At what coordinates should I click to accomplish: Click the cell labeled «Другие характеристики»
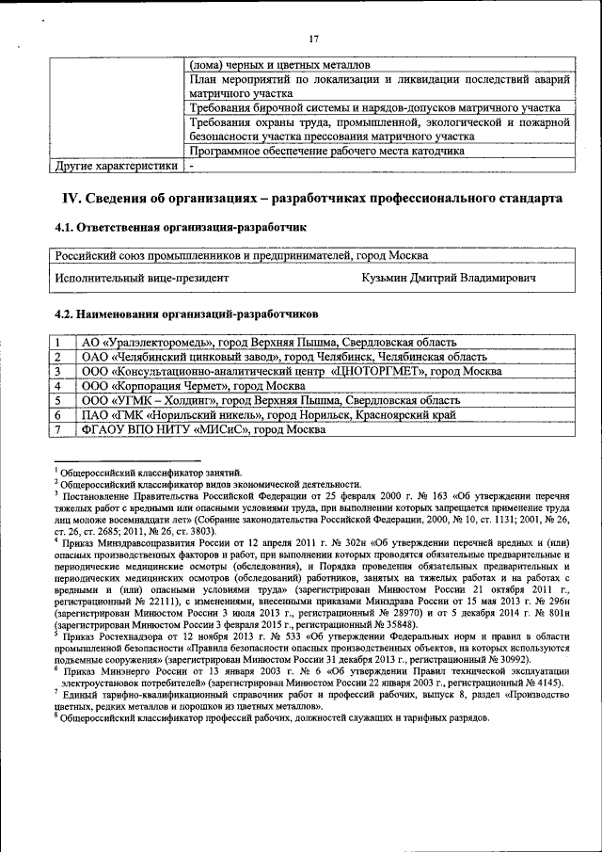click(115, 168)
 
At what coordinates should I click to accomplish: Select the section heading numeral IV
click(71, 199)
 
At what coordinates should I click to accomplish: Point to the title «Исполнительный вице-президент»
click(141, 279)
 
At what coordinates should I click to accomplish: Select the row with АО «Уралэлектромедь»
click(269, 343)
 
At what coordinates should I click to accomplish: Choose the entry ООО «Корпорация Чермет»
click(183, 386)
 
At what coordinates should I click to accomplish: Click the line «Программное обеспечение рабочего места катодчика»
click(326, 151)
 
